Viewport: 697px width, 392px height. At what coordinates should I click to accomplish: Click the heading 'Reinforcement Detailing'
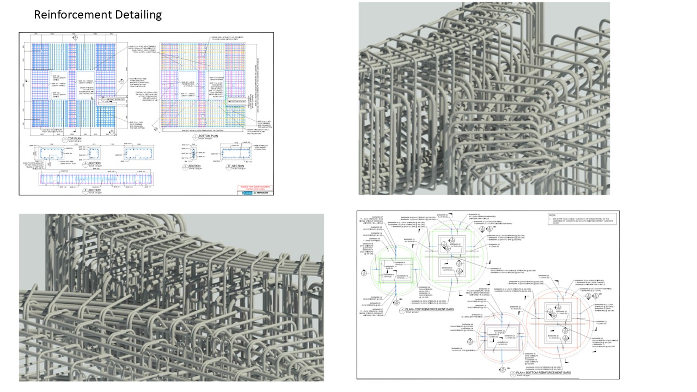pos(97,15)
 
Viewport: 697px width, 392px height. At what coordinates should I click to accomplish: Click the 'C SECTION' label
pos(194,167)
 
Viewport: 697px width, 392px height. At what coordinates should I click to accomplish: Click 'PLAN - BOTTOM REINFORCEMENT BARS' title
pos(539,373)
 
